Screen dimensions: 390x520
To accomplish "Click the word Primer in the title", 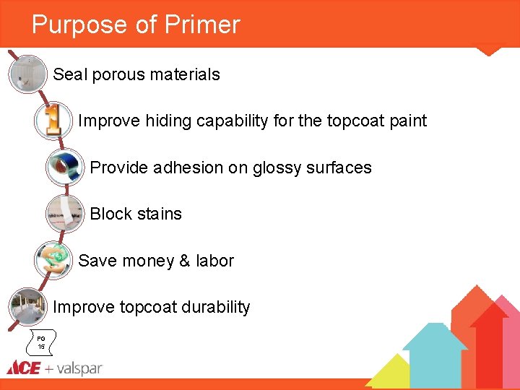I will coord(202,25).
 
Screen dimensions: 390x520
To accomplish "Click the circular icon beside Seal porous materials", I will coord(28,74).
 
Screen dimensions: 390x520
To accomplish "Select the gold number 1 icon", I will coord(53,121).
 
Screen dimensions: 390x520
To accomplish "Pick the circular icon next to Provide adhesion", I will coord(64,168).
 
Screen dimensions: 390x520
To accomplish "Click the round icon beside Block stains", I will coord(64,214).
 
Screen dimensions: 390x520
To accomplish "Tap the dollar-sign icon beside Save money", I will coord(53,260).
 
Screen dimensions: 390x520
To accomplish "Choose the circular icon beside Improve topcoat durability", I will coord(28,307).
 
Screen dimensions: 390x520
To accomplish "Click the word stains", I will coord(158,214).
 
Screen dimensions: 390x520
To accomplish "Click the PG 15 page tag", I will coord(41,342).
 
